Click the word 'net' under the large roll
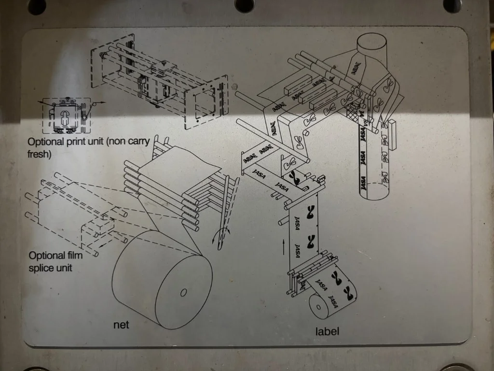[x=121, y=325]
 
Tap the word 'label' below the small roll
[x=328, y=331]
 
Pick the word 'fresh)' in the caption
[x=39, y=155]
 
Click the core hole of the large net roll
[x=183, y=292]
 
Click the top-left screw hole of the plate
[x=37, y=5]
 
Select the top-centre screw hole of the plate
[x=245, y=4]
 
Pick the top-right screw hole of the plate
[x=452, y=5]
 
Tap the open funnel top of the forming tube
[x=371, y=41]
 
